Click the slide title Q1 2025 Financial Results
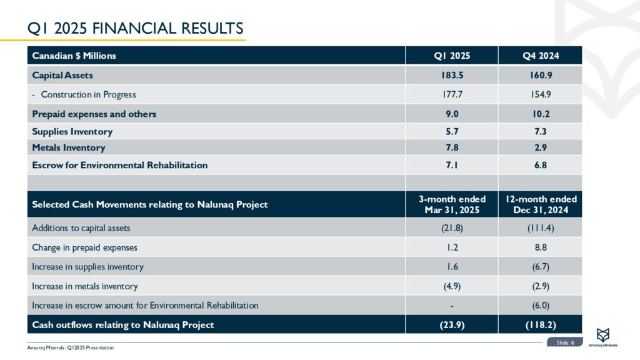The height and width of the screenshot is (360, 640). (136, 28)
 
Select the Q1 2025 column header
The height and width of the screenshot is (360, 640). (452, 56)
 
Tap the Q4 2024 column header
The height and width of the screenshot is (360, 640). (541, 56)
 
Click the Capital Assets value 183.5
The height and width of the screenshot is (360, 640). (452, 75)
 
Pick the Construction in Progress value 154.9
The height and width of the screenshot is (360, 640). (541, 94)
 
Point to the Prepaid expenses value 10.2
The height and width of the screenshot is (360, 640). (541, 114)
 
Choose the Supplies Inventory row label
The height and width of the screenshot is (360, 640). (72, 131)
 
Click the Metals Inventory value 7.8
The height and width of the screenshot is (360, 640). (452, 147)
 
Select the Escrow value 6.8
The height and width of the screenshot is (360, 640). (541, 165)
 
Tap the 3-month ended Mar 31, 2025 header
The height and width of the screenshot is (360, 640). (452, 204)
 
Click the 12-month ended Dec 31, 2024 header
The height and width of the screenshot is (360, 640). (541, 204)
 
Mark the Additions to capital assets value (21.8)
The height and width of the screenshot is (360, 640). (452, 227)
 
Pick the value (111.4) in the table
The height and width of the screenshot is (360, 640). (541, 227)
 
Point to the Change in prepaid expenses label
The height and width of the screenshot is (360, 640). (84, 247)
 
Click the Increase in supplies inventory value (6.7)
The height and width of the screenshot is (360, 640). (541, 266)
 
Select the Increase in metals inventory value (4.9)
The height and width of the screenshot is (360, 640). (452, 286)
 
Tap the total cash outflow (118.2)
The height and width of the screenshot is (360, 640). (541, 324)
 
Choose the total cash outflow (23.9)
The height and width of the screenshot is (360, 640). (452, 324)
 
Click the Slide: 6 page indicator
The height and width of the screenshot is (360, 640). (565, 342)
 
